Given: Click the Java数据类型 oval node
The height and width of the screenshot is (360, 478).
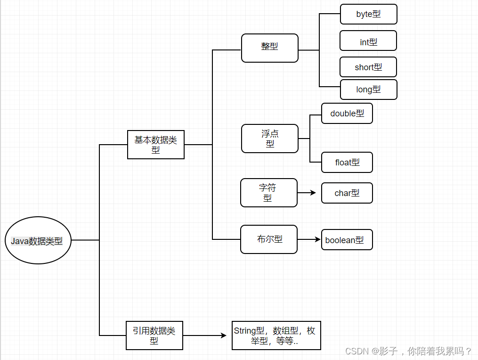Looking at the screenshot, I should [38, 240].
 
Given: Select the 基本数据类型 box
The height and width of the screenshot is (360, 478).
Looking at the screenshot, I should [155, 145].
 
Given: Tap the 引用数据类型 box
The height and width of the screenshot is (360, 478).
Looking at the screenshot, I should [154, 335].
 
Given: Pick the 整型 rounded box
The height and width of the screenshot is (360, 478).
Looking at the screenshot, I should [269, 48].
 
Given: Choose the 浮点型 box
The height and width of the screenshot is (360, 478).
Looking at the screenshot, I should [269, 139].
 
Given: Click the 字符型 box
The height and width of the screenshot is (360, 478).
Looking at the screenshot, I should [268, 193].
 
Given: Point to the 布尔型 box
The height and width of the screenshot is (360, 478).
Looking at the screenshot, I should [268, 239].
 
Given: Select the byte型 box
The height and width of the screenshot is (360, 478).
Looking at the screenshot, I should [368, 14].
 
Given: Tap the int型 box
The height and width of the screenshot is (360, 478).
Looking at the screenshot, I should [368, 41].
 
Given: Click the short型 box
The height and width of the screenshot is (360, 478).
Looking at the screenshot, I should [368, 67].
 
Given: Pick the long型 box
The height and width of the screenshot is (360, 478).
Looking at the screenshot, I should [368, 90].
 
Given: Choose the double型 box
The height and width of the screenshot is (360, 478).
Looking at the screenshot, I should [347, 114].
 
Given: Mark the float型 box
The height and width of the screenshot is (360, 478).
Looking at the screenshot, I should [347, 163].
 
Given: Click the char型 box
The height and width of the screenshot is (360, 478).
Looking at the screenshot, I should [347, 193].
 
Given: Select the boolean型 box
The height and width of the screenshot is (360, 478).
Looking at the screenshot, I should [347, 240].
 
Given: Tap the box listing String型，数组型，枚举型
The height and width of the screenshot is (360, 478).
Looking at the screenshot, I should [276, 335].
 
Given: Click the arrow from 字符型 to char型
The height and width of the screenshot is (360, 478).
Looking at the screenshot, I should [307, 193].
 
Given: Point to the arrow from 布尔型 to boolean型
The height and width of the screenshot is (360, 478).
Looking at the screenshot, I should [308, 239].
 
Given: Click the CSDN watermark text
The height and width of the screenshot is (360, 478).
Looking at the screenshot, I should [408, 351].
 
